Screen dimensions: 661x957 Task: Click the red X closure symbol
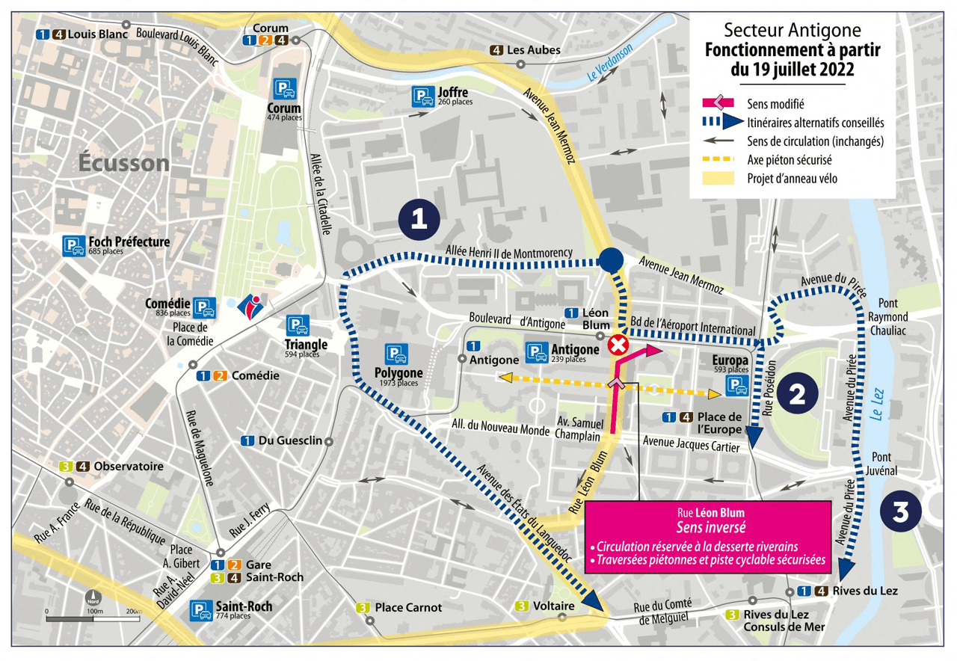pos(618,345)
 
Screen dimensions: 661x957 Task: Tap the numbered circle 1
pos(419,219)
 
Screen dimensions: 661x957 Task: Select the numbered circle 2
pos(798,395)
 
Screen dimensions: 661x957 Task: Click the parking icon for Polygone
pos(396,355)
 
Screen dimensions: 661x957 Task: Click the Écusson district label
pos(125,163)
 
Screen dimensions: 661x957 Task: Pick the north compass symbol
pos(93,599)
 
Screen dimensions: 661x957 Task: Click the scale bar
pos(93,618)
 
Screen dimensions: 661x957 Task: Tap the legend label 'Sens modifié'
pos(775,103)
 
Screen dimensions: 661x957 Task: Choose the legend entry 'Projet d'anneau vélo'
pos(792,178)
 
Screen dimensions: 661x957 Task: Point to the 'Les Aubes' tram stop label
pos(533,51)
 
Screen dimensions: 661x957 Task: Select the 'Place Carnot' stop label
pos(408,607)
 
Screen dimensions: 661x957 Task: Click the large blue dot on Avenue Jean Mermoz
pos(611,259)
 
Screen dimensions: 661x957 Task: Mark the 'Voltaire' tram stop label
pos(554,606)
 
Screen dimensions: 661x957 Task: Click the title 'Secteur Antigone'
pos(793,31)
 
